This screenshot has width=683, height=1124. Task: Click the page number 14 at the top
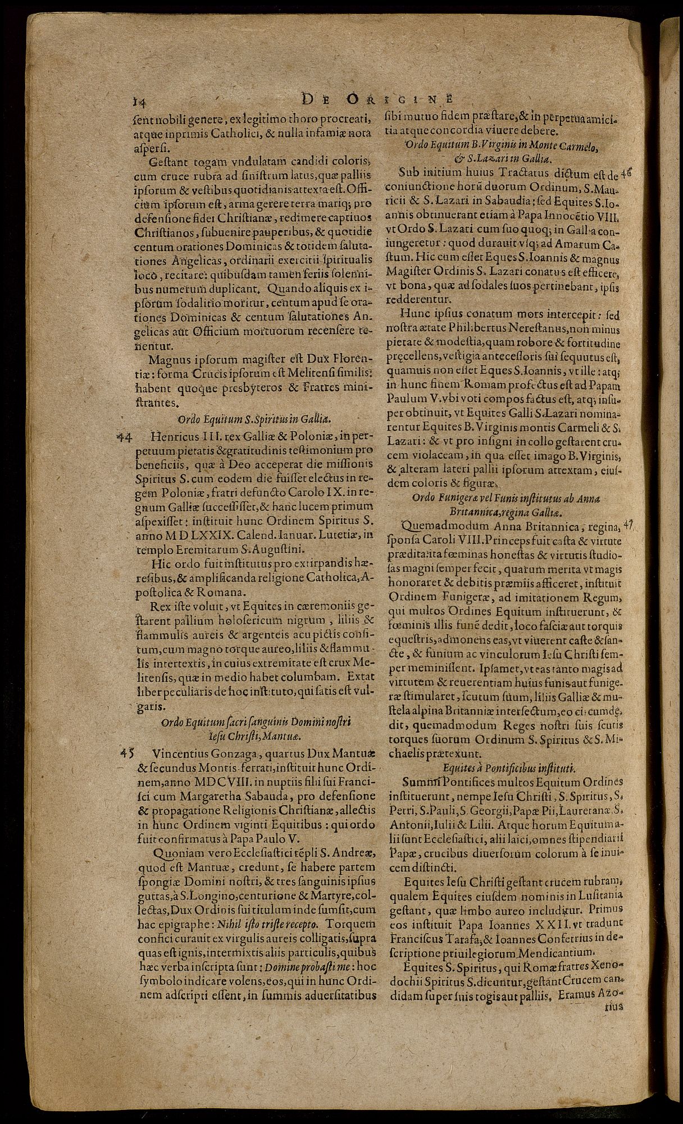(136, 101)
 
